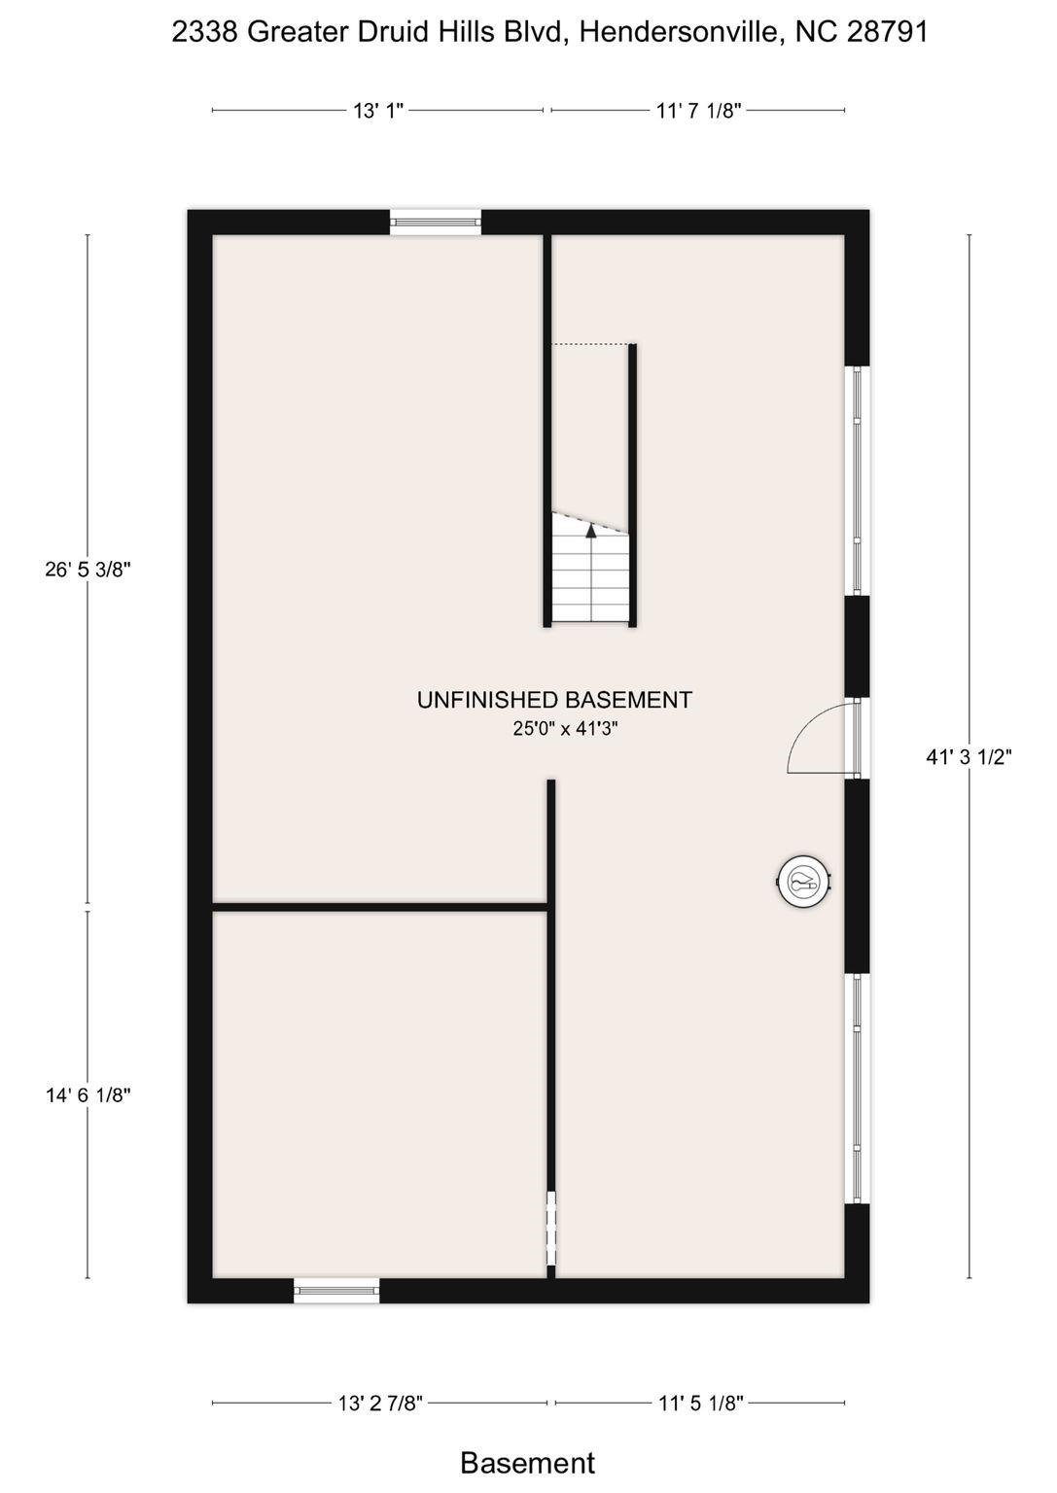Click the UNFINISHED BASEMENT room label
tap(554, 700)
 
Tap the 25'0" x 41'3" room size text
tap(566, 728)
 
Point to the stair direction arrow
tap(590, 531)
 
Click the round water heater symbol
tap(803, 883)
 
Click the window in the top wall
tap(436, 223)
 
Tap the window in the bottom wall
tap(336, 1290)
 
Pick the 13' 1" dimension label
tap(377, 111)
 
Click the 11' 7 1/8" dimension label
tap(699, 111)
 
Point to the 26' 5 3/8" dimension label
tap(88, 570)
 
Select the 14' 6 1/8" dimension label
tap(88, 1095)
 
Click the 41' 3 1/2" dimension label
tap(969, 757)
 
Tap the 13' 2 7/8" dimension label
tap(380, 1403)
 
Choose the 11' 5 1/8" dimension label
tap(700, 1403)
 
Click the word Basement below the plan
tap(527, 1463)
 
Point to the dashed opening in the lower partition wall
tap(550, 1227)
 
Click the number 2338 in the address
tap(204, 32)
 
